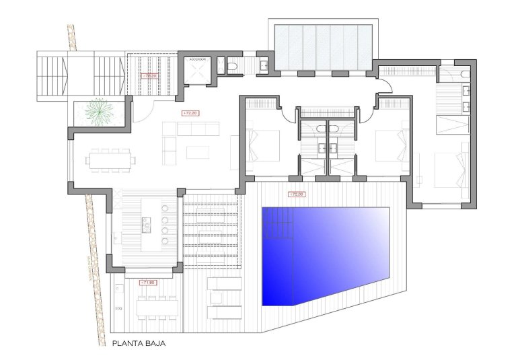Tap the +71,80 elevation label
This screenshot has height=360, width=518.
pos(147,283)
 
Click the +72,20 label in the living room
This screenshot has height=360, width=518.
pos(190,113)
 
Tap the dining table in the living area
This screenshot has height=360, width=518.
pos(109,160)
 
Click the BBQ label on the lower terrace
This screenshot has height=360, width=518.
pos(118,308)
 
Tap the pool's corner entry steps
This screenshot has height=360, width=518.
pos(277,223)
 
